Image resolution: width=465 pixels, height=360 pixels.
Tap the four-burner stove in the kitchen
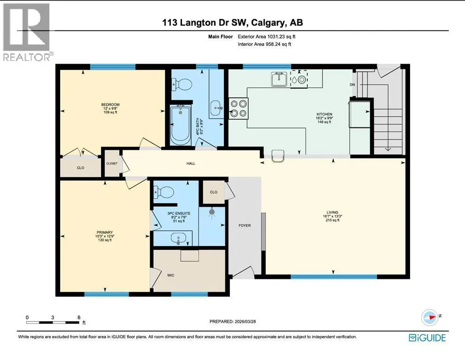pyautogui.click(x=239, y=108)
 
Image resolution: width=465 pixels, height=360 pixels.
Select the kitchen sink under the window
pyautogui.click(x=279, y=79)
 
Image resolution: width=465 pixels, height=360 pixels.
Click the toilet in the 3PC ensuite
pyautogui.click(x=163, y=193)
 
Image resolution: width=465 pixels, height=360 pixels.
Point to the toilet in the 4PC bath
pyautogui.click(x=183, y=85)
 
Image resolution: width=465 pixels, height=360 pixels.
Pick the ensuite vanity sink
pyautogui.click(x=178, y=238)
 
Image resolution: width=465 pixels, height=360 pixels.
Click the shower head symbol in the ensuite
pyautogui.click(x=212, y=212)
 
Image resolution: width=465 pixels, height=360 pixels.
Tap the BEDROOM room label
pyautogui.click(x=110, y=105)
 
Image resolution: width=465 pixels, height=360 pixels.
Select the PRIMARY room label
pyautogui.click(x=105, y=232)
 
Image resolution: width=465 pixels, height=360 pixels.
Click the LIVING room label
pyautogui.click(x=332, y=212)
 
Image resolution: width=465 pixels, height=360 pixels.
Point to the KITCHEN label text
pyautogui.click(x=324, y=114)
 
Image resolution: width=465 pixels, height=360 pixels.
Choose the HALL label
pyautogui.click(x=191, y=163)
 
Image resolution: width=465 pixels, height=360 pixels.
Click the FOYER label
pyautogui.click(x=244, y=225)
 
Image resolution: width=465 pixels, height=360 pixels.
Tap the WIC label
pyautogui.click(x=170, y=275)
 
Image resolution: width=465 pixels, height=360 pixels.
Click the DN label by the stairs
pyautogui.click(x=352, y=85)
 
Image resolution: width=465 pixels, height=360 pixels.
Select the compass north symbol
pyautogui.click(x=430, y=317)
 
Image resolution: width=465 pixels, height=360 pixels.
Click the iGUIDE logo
pyautogui.click(x=427, y=338)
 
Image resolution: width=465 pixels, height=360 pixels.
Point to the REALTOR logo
pyautogui.click(x=26, y=32)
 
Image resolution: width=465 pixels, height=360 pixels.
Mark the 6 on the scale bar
pyautogui.click(x=79, y=317)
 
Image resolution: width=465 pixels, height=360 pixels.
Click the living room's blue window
pyautogui.click(x=334, y=277)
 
